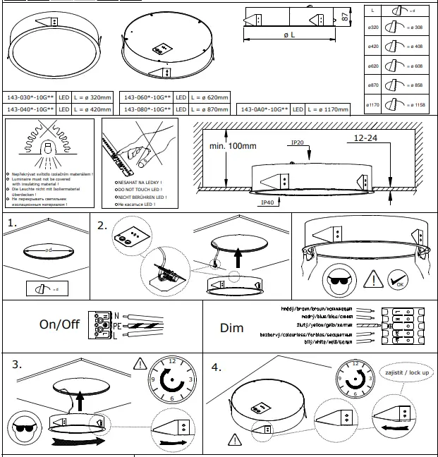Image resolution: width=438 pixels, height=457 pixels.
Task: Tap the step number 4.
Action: (x=217, y=367)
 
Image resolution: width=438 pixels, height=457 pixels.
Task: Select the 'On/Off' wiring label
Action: (x=59, y=326)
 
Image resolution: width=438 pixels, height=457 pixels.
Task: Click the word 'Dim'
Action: (x=231, y=328)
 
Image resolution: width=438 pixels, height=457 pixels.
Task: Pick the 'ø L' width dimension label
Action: (x=288, y=35)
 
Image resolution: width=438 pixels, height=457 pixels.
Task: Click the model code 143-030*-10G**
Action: (x=30, y=98)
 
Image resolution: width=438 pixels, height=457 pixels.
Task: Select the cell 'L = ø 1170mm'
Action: (x=331, y=110)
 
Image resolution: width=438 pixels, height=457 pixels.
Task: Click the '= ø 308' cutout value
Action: (x=419, y=28)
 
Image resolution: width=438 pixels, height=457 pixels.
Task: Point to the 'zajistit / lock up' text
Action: (x=407, y=372)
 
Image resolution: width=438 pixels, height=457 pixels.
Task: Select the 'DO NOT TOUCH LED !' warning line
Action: (x=138, y=190)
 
